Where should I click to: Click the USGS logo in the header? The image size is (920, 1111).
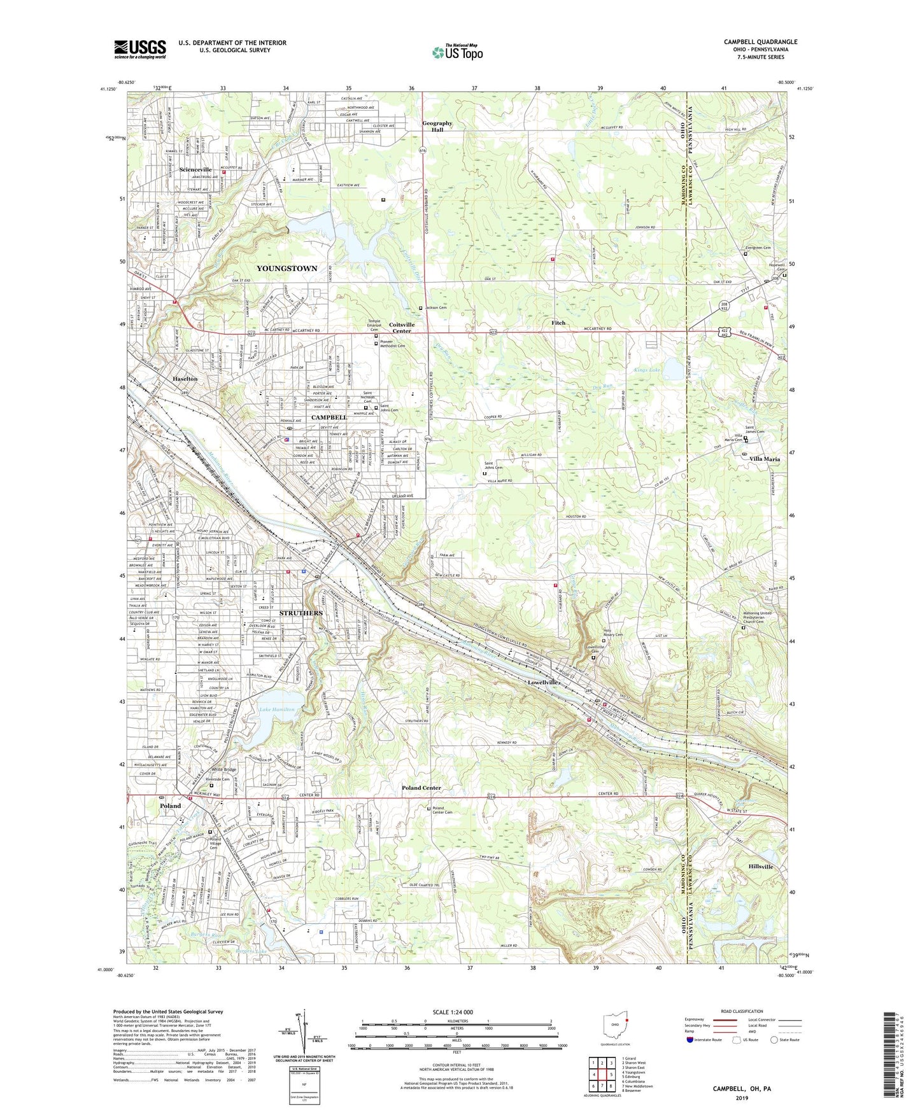click(140, 49)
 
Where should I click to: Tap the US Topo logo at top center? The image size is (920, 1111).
click(457, 52)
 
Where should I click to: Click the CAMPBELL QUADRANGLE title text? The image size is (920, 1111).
click(760, 42)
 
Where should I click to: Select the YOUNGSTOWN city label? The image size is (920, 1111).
click(287, 269)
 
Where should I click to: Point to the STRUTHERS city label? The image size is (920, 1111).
click(301, 613)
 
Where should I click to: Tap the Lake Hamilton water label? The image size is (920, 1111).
click(276, 709)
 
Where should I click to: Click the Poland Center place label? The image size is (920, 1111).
click(421, 788)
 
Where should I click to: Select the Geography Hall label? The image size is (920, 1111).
click(437, 126)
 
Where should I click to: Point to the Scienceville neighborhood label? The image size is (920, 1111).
click(195, 170)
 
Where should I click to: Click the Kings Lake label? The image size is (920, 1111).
click(647, 370)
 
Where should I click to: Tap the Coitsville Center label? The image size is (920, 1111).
click(401, 328)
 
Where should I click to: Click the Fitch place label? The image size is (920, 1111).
click(558, 323)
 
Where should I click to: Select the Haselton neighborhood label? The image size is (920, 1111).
click(185, 379)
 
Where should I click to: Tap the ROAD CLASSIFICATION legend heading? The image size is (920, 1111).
click(742, 1011)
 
